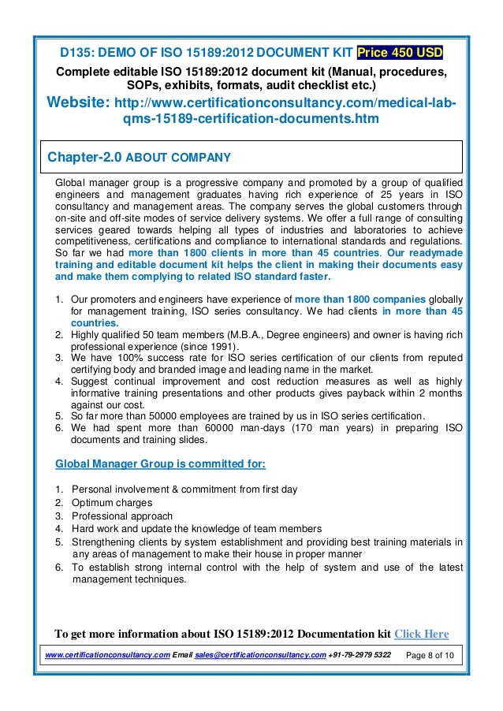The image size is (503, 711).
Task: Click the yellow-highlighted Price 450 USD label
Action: tap(400, 53)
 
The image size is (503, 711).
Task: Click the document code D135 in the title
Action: tap(79, 54)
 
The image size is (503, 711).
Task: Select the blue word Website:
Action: tap(78, 103)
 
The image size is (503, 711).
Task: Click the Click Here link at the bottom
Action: tap(421, 634)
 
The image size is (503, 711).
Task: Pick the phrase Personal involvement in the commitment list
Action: tap(118, 490)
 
